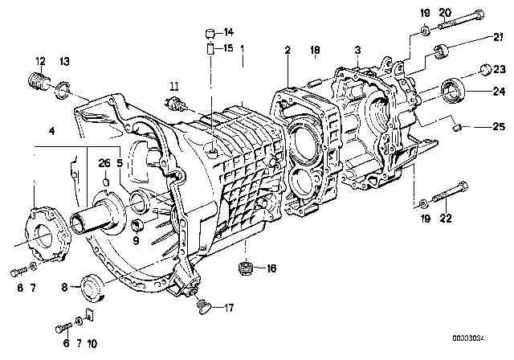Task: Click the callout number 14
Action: point(229,33)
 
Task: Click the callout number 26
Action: point(104,165)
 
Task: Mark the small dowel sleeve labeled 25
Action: point(456,125)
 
